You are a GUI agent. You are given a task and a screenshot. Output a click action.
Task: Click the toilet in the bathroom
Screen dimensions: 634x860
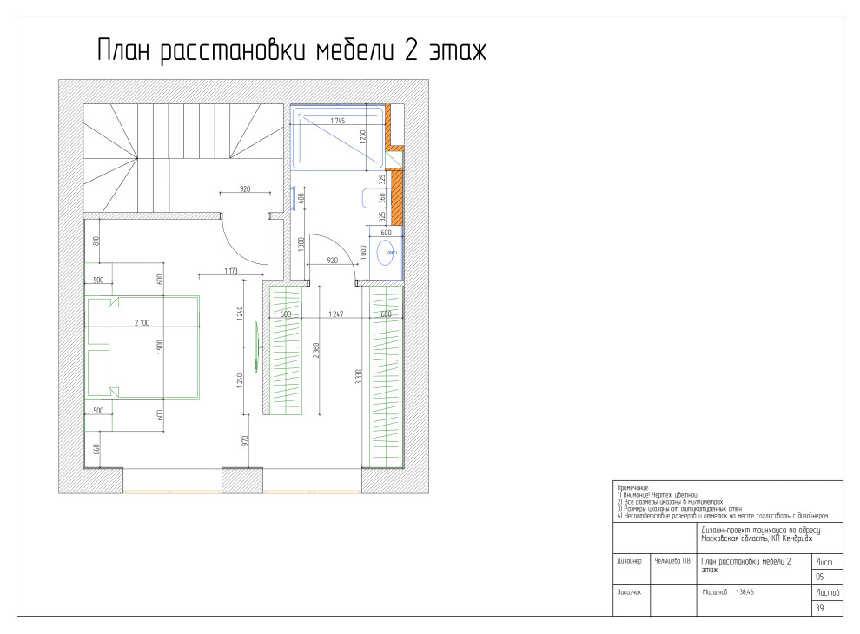[367, 199]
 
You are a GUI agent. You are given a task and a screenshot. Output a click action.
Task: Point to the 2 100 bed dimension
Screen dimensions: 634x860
[142, 322]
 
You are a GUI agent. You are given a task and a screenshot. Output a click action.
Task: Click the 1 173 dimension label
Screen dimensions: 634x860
[231, 271]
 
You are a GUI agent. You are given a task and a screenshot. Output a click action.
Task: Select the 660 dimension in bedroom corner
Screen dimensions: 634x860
[96, 450]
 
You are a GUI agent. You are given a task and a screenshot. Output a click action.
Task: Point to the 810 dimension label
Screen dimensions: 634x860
[96, 241]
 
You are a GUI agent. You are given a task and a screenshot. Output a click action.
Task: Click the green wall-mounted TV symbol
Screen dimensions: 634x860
[256, 347]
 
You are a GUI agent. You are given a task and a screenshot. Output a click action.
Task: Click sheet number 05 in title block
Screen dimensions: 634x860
[819, 578]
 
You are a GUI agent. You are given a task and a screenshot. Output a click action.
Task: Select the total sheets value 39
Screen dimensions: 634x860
[819, 609]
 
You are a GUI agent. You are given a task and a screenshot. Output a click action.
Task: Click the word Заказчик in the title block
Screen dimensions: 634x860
[629, 593]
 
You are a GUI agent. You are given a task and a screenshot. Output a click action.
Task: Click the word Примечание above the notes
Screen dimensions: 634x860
[631, 487]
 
